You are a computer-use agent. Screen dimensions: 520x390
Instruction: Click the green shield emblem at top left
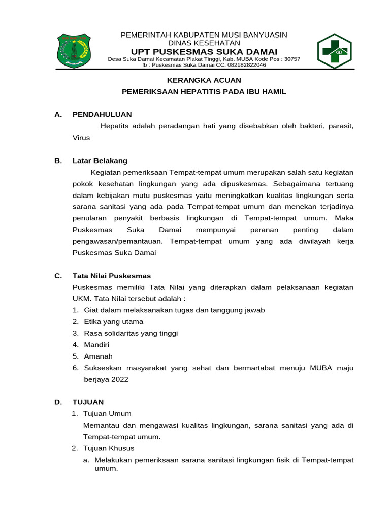pos(74,51)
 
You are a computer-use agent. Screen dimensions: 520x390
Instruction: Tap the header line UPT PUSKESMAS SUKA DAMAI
pos(204,52)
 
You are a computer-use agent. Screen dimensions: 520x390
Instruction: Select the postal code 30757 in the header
pos(292,59)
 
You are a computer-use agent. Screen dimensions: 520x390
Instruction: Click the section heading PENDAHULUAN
pos(102,114)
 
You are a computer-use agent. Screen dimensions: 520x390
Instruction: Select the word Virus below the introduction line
pos(81,137)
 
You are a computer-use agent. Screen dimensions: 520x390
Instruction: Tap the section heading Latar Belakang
pos(100,160)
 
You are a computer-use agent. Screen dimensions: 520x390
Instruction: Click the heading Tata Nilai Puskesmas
pos(112,276)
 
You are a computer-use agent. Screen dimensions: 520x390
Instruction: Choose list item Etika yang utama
pos(113,321)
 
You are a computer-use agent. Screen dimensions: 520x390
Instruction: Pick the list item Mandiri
pos(96,345)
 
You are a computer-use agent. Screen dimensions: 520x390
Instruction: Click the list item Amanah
pos(98,356)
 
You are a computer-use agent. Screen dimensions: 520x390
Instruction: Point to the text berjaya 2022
pos(106,379)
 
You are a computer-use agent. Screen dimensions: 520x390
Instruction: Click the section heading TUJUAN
pos(88,402)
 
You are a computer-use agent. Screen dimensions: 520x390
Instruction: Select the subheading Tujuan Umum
pos(107,413)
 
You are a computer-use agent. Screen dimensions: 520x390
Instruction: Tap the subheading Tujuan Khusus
pos(109,448)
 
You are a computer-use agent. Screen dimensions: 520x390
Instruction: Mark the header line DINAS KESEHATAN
pos(204,43)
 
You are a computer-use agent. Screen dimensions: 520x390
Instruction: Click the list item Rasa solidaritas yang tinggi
pos(131,333)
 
